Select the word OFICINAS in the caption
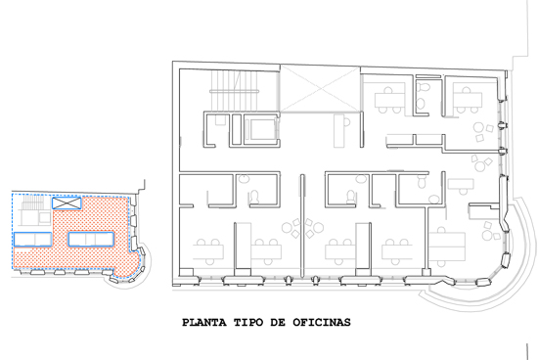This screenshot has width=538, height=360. coord(322,323)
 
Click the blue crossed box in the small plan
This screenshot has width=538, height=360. coord(67,202)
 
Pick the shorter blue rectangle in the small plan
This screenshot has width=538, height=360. coord(33,240)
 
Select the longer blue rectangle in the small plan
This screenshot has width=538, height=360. coord(91,239)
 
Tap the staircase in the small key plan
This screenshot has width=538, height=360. coord(33,202)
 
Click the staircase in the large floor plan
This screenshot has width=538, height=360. coord(235,91)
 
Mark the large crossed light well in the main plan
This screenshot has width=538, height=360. coord(320,89)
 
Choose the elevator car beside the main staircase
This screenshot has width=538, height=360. coord(261,129)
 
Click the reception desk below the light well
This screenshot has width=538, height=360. coord(339,131)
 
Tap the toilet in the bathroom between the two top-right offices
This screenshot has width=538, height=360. coord(424,87)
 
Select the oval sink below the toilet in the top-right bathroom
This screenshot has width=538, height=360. coord(421,104)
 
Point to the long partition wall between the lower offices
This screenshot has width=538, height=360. coord(302,225)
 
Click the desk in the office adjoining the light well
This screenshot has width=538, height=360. coord(389,100)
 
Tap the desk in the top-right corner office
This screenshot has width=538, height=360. coord(468,100)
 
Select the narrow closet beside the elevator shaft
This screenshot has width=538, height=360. coord(237,129)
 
